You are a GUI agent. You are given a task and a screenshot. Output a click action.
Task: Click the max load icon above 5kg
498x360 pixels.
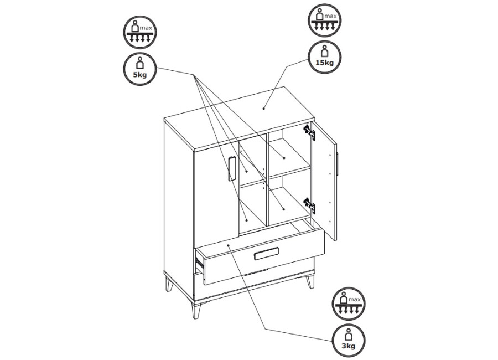tap(139, 32)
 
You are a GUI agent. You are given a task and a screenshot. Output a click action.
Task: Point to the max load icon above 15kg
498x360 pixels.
tap(324, 20)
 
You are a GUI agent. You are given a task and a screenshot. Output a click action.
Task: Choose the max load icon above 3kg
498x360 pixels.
tap(349, 304)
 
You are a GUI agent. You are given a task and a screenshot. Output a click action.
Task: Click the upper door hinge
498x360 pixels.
tap(309, 132)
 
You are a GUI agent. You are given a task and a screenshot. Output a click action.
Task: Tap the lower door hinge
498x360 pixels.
tap(309, 205)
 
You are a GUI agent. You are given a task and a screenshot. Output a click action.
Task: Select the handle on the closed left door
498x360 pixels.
tap(231, 169)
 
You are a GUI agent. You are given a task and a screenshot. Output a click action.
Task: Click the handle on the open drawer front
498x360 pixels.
tap(267, 254)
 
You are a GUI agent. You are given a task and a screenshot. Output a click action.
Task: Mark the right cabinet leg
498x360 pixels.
tap(310, 280)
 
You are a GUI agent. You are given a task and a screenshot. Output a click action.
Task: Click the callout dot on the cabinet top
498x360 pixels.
tap(263, 109)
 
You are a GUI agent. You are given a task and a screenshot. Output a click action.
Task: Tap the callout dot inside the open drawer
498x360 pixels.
tap(229, 245)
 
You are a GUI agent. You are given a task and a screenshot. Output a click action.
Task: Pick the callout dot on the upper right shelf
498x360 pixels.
tap(284, 158)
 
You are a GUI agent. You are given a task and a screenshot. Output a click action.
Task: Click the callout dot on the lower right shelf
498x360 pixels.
tap(284, 209)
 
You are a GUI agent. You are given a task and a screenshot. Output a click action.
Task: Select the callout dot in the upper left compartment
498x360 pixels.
tap(247, 171)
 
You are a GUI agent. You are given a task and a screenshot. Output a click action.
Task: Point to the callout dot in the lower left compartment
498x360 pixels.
tap(247, 219)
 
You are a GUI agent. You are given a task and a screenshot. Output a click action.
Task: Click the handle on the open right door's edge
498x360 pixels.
tap(338, 164)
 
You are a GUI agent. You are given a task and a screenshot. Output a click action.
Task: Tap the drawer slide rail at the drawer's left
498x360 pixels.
tap(200, 264)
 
